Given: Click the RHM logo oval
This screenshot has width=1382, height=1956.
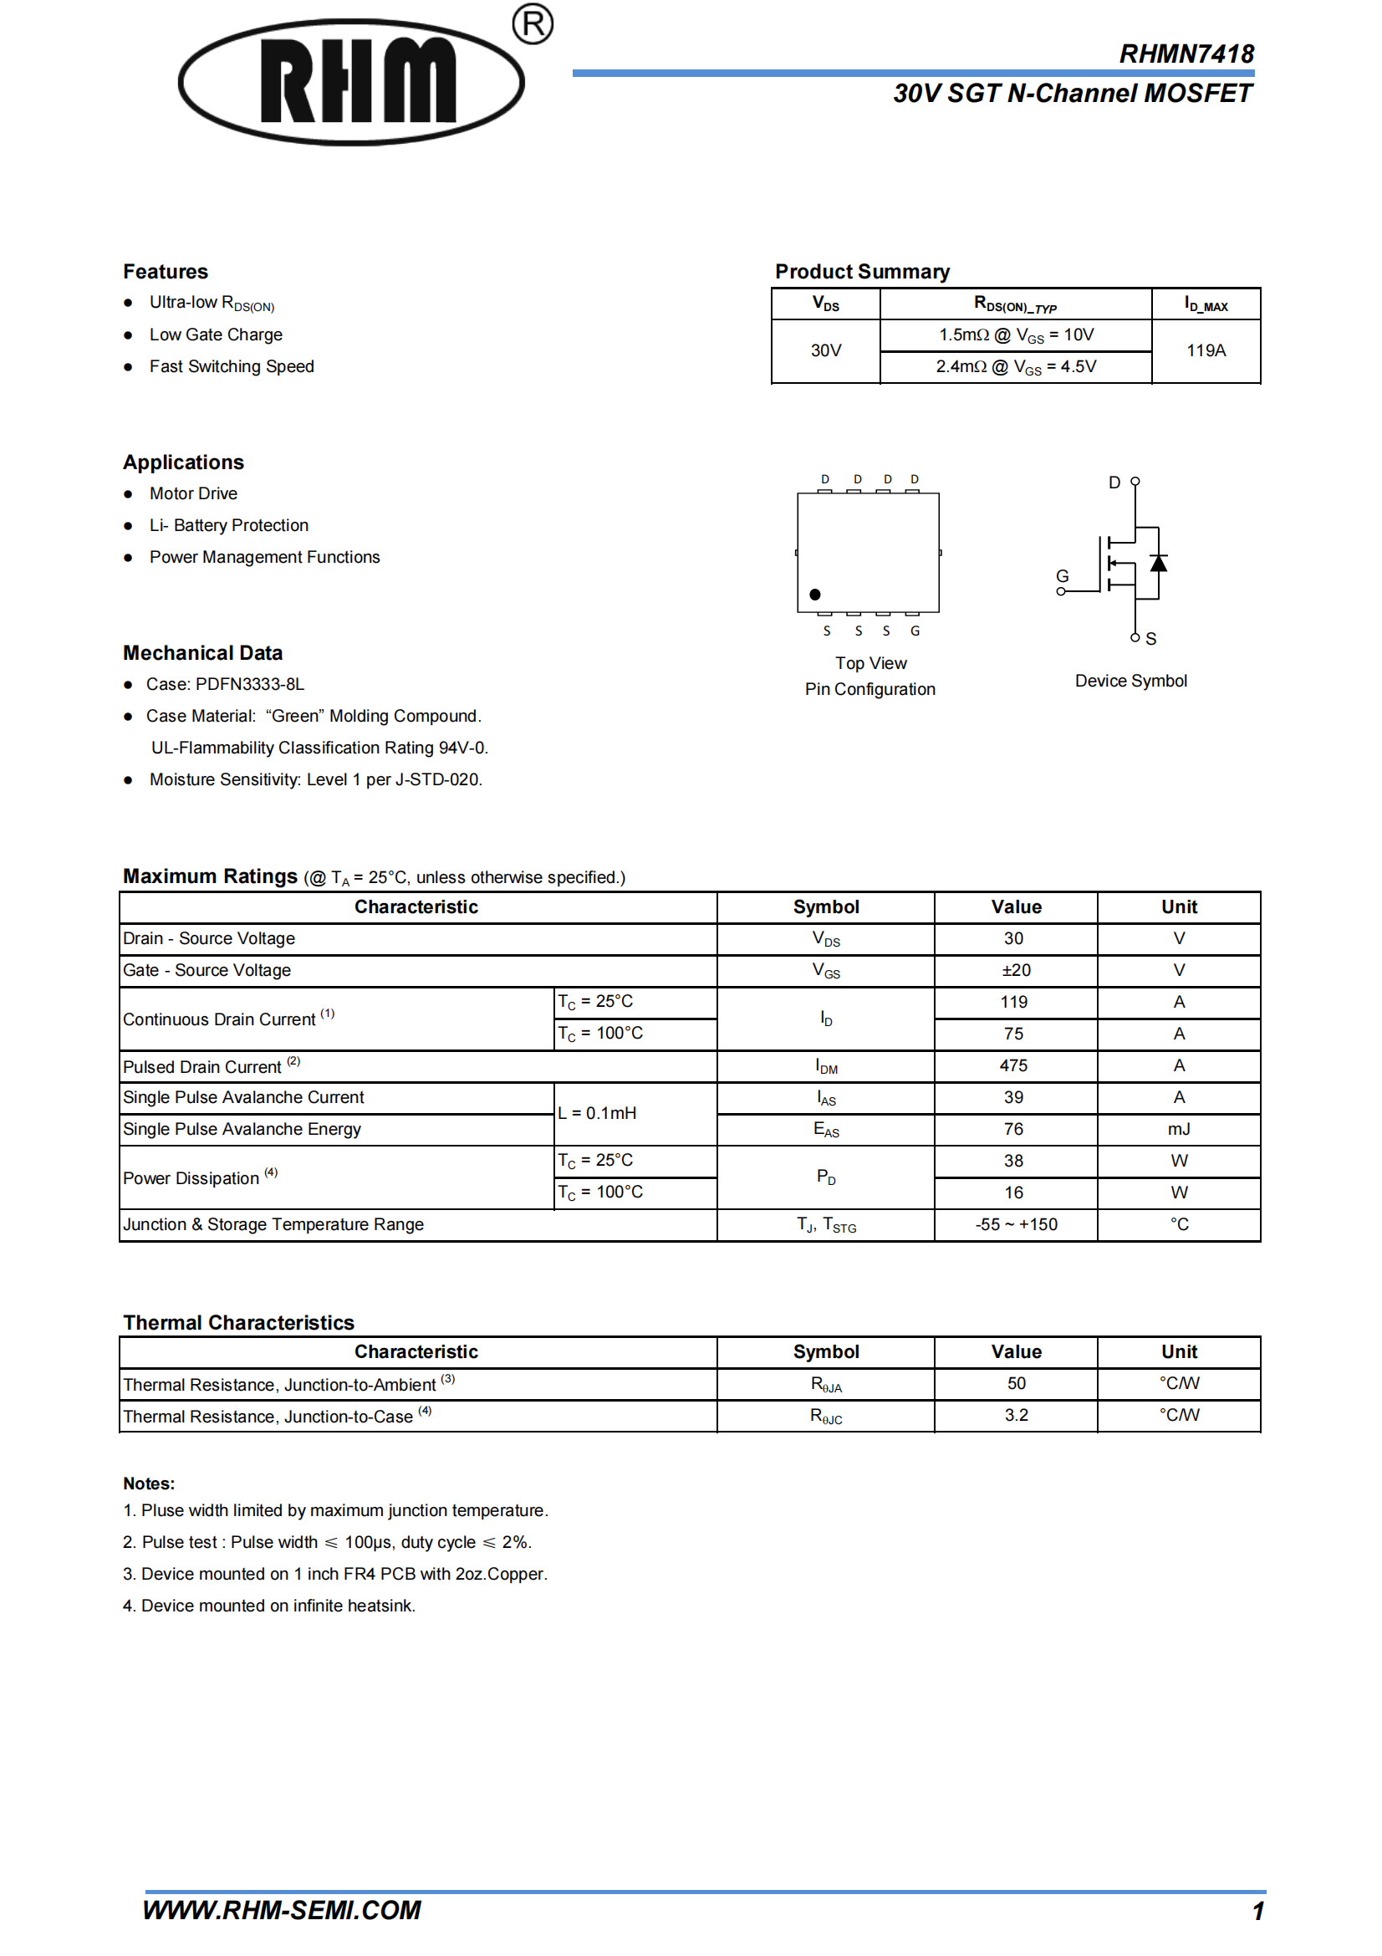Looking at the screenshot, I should tap(351, 82).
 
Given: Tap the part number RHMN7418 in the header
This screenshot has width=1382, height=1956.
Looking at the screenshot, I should tap(1186, 54).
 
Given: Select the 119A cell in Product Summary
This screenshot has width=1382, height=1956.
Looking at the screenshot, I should tap(1206, 350).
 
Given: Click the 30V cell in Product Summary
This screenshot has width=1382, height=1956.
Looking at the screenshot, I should tap(825, 350).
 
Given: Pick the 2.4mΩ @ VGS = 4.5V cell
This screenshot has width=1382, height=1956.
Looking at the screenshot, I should tap(1015, 367).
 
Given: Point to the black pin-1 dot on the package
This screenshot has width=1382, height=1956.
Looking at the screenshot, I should tap(815, 595).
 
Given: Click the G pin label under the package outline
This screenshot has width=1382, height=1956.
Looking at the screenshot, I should tap(915, 631).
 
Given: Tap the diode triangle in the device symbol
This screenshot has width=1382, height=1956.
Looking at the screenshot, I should tap(1158, 563).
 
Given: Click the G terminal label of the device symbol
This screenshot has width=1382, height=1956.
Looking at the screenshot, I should tap(1062, 577).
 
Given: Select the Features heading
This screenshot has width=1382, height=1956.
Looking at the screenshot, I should tap(166, 272).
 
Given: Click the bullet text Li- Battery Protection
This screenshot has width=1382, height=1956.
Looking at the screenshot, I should tap(228, 526).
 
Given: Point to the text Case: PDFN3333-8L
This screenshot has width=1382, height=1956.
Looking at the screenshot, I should tap(225, 684).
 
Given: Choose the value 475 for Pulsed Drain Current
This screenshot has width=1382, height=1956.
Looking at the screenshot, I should tap(1013, 1065).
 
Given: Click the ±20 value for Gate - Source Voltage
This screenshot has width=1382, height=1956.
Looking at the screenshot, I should tap(1015, 970).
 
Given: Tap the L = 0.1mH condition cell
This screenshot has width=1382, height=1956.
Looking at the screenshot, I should tap(597, 1113).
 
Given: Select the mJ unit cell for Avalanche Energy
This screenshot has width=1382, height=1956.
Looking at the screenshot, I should tap(1179, 1130).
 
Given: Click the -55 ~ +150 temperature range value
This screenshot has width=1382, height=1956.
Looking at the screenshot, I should tap(1015, 1225).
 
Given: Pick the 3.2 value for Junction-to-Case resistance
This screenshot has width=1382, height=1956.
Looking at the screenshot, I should tap(1015, 1415).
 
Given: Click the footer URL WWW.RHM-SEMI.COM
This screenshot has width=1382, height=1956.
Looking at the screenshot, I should tap(282, 1911).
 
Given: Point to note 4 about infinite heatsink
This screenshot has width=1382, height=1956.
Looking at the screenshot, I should tap(269, 1606).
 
